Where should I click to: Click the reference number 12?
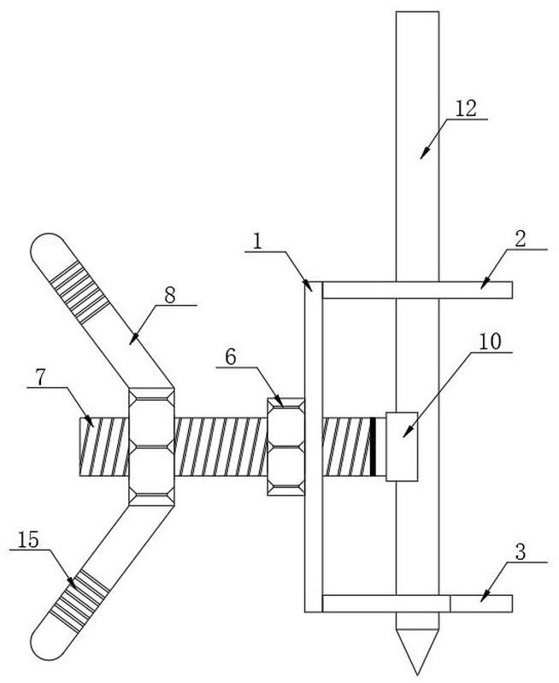[466, 109]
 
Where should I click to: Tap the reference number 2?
[521, 239]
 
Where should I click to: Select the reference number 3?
[521, 552]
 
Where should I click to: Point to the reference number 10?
[490, 342]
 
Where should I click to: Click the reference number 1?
[258, 241]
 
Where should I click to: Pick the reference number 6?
[231, 357]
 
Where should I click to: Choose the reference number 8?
[40, 378]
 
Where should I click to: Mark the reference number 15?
[28, 540]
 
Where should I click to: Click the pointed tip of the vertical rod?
[417, 674]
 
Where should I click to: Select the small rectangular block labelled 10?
[402, 446]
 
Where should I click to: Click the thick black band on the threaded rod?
[373, 446]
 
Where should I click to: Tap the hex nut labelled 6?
[285, 446]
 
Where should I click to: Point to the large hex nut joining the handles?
[151, 446]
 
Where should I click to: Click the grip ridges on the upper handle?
[79, 289]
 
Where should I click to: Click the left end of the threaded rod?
[80, 446]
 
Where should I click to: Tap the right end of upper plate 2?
[511, 290]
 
